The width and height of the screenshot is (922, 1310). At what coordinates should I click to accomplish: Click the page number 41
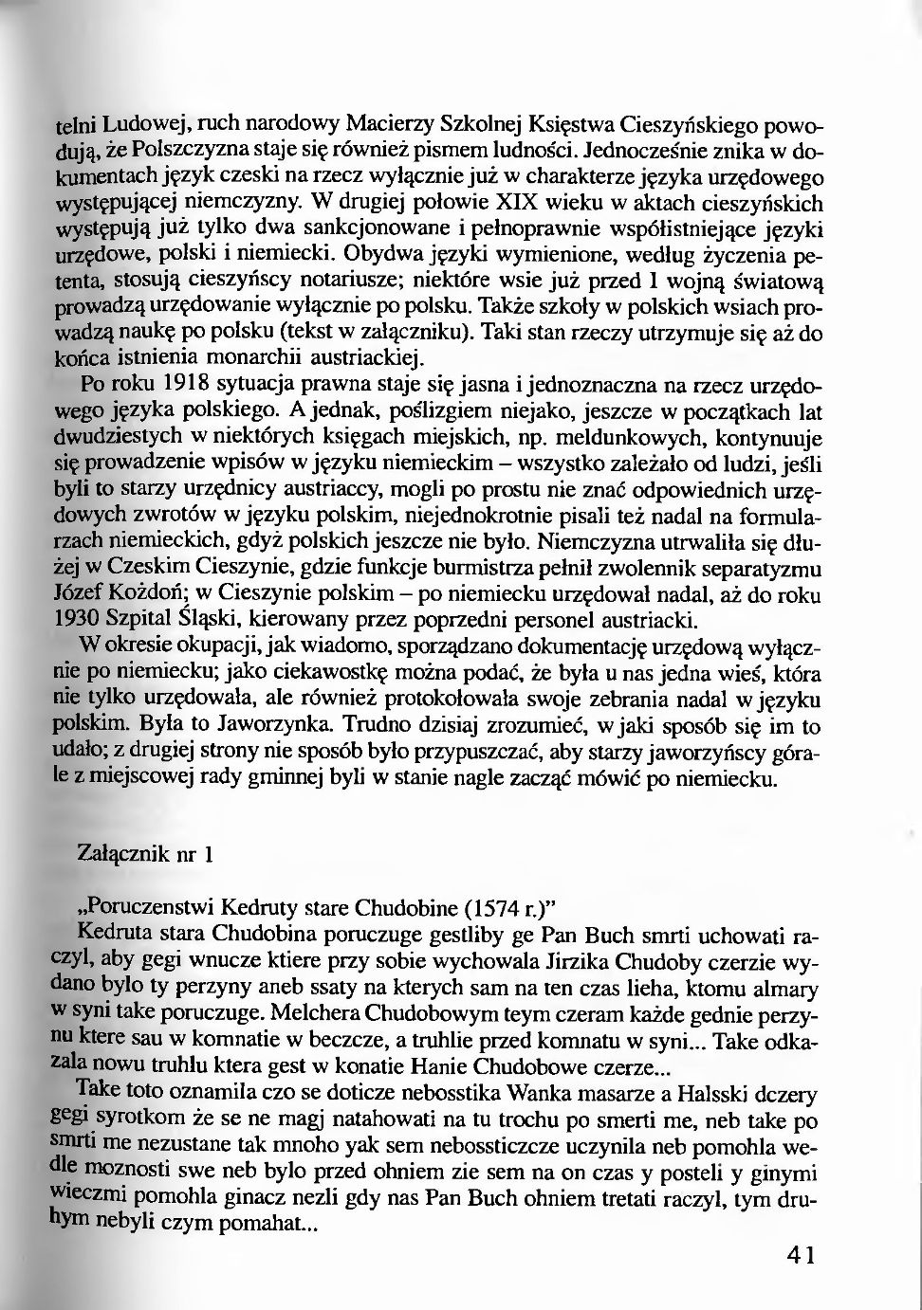pyautogui.click(x=801, y=1256)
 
